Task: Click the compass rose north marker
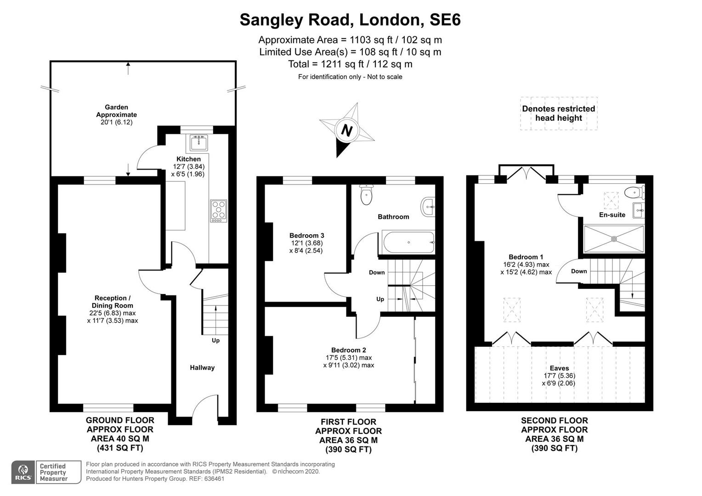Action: pyautogui.click(x=347, y=131)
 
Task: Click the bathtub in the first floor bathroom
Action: pyautogui.click(x=407, y=242)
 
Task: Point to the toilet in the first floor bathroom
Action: pyautogui.click(x=367, y=196)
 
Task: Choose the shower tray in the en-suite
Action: pyautogui.click(x=613, y=238)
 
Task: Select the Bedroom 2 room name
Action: pyautogui.click(x=348, y=350)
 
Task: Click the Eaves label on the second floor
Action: pyautogui.click(x=559, y=368)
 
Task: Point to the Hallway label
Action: pyautogui.click(x=202, y=367)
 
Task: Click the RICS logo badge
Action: pyautogui.click(x=23, y=472)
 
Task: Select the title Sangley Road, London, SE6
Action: pyautogui.click(x=350, y=20)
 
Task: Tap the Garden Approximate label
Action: pyautogui.click(x=116, y=111)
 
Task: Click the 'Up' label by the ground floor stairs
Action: pyautogui.click(x=215, y=340)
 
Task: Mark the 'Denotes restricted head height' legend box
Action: pyautogui.click(x=558, y=113)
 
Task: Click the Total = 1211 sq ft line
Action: pyautogui.click(x=350, y=64)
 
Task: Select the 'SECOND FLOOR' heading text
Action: pyautogui.click(x=554, y=420)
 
